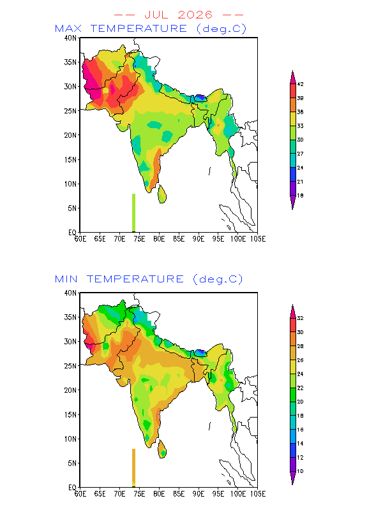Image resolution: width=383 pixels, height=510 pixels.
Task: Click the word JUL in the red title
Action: point(156,15)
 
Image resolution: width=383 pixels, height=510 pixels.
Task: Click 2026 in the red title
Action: point(195,15)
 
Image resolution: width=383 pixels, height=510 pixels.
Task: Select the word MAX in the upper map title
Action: point(68,29)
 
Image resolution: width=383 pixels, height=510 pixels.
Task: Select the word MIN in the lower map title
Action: point(66,279)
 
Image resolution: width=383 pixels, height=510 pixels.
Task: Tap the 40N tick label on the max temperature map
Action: point(70,38)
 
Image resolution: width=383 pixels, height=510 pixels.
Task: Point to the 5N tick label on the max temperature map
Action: point(72,208)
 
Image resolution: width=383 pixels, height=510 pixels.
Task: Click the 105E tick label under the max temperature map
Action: point(258,239)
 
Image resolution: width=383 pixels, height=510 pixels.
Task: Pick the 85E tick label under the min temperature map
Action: point(179,494)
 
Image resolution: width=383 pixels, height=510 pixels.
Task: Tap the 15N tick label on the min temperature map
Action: point(70,415)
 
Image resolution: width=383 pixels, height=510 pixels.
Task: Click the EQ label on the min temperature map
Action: point(72,487)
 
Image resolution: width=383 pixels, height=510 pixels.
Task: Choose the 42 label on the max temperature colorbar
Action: point(300,84)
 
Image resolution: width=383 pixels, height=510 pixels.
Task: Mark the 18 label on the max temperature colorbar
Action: point(300,196)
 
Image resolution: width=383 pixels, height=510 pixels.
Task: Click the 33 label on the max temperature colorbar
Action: point(300,126)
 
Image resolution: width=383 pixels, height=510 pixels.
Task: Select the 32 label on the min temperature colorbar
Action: point(300,318)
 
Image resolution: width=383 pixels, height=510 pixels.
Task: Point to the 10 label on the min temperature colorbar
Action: point(300,471)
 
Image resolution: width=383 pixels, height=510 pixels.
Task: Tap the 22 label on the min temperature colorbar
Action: point(300,388)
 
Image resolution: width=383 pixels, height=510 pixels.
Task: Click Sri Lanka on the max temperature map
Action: point(162,194)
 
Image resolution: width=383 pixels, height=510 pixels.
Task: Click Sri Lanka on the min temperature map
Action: point(162,449)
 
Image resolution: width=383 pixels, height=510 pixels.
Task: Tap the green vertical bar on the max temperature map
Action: point(133,213)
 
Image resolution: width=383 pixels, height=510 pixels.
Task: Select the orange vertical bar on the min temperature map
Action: point(133,468)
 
